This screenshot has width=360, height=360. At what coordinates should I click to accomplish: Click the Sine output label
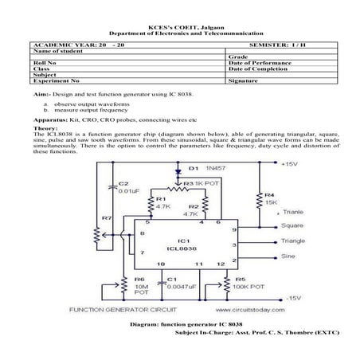pyautogui.click(x=288, y=256)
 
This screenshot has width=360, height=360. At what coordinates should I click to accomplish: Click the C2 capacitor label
pyautogui.click(x=122, y=183)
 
